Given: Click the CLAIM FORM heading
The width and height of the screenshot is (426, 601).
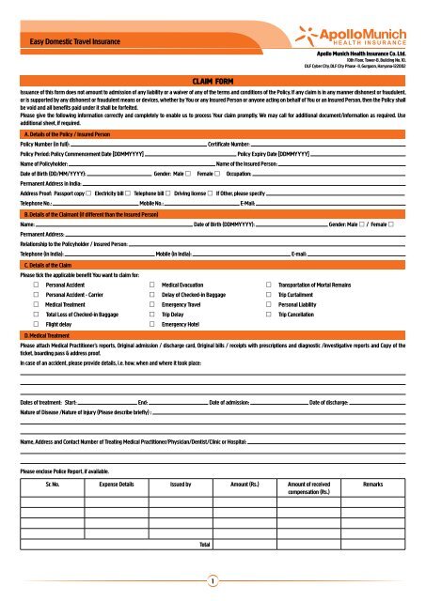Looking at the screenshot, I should [213, 83].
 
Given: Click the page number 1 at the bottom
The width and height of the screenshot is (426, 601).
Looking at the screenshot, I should [213, 580].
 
